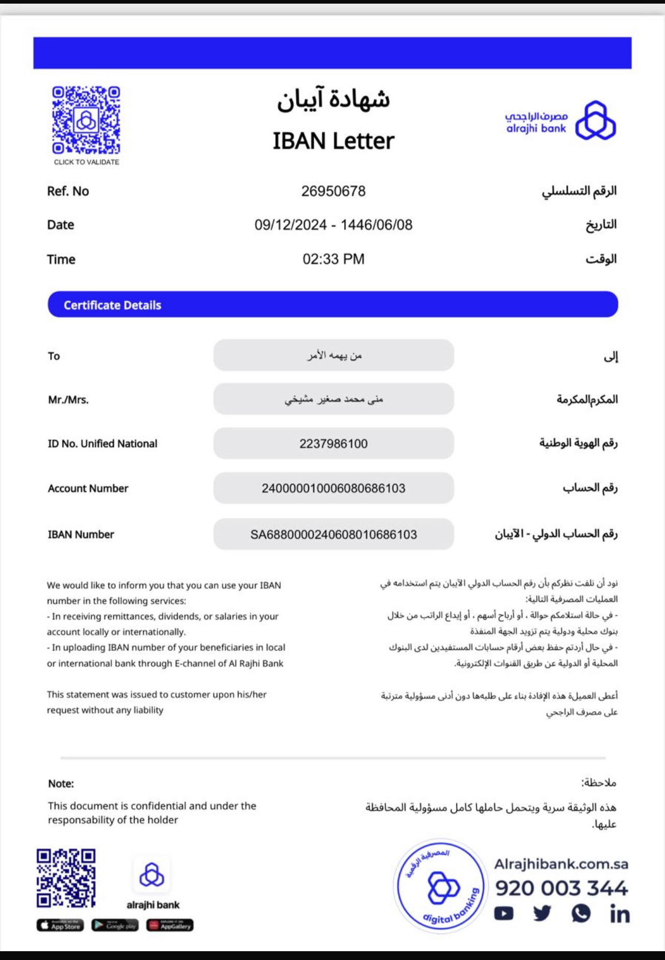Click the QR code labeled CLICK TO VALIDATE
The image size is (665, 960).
[x=86, y=121]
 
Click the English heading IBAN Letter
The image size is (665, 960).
[x=333, y=141]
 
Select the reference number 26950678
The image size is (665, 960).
[x=333, y=191]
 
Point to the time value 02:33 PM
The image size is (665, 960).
[x=333, y=259]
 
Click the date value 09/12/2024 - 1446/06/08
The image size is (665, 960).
[x=333, y=225]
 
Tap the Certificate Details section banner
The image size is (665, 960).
[x=332, y=304]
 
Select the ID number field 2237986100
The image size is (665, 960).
[x=333, y=444]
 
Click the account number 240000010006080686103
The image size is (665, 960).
[x=333, y=488]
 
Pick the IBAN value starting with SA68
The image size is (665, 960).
[x=333, y=534]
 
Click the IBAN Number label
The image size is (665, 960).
[x=81, y=534]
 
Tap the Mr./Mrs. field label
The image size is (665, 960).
[x=68, y=400]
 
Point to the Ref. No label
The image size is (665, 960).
[x=68, y=191]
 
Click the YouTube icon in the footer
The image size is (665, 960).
[x=503, y=913]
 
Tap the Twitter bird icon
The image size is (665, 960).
[x=542, y=913]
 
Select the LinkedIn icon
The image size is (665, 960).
[x=619, y=914]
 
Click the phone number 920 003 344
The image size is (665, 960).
[x=561, y=888]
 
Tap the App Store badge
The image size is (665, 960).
[x=60, y=925]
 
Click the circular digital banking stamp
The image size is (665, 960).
[x=441, y=886]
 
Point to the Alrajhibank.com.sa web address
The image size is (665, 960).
[x=561, y=864]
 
